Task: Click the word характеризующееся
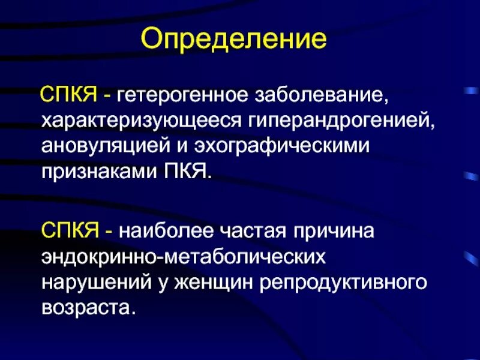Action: coord(142,121)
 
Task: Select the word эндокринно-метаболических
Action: coord(184,257)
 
